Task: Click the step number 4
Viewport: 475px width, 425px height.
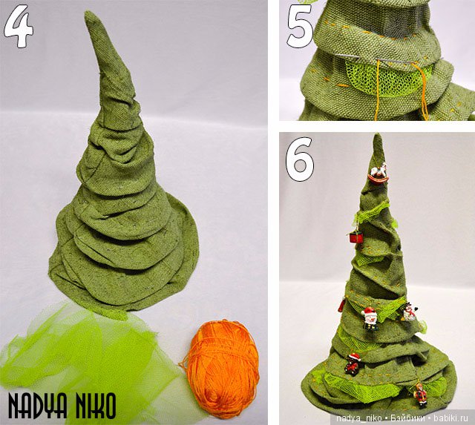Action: click(19, 27)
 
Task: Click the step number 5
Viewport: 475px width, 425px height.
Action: click(300, 27)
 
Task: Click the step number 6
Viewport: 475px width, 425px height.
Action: click(300, 159)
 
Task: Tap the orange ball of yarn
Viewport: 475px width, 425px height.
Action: click(222, 368)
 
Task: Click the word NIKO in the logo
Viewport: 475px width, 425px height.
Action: click(96, 405)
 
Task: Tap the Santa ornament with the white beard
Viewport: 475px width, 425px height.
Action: click(370, 318)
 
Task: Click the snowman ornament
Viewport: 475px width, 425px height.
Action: click(410, 312)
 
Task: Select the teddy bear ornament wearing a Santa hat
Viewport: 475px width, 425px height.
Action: click(353, 363)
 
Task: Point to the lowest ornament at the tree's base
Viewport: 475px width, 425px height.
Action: click(421, 394)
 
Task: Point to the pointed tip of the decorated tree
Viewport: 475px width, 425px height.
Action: click(378, 135)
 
